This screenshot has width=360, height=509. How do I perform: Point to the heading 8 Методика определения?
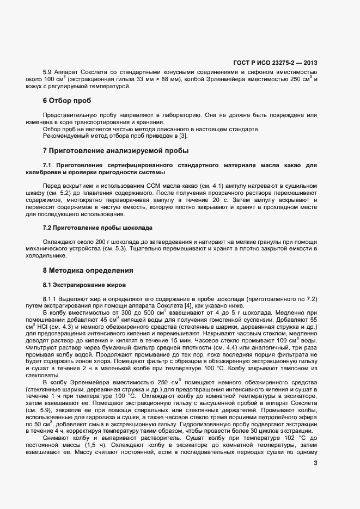(x=87, y=270)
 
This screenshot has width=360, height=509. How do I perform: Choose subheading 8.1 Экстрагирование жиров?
(x=84, y=285)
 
